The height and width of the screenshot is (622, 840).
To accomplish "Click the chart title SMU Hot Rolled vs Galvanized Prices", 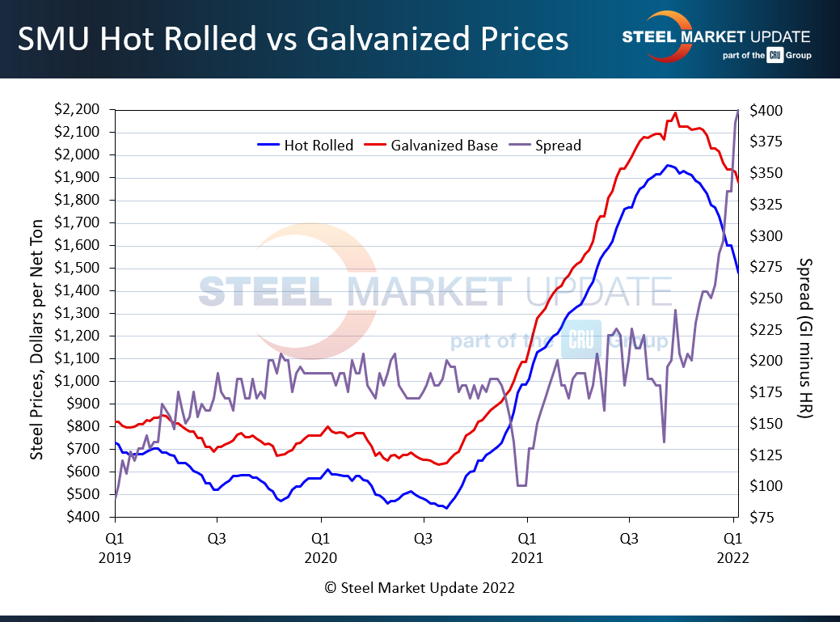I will tap(293, 38).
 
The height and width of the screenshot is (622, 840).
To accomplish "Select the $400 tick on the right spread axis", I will tap(765, 110).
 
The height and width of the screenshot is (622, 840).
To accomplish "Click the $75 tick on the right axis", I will tap(762, 517).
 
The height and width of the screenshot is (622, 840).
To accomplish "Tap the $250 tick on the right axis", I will tap(765, 298).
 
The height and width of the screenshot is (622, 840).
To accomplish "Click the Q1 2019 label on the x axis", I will tap(115, 547).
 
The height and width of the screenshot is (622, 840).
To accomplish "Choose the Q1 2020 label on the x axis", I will tap(321, 547).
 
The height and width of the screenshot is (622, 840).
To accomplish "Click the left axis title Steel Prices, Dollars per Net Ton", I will tap(37, 314).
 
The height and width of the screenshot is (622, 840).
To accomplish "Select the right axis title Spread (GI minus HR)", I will tap(804, 338).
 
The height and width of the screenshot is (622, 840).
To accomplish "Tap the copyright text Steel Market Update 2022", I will tap(420, 588).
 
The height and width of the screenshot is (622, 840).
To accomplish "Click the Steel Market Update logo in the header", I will tap(715, 37).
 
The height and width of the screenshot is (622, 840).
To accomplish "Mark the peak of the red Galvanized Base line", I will tap(675, 113).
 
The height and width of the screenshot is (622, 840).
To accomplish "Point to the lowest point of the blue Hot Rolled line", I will tap(445, 508).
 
